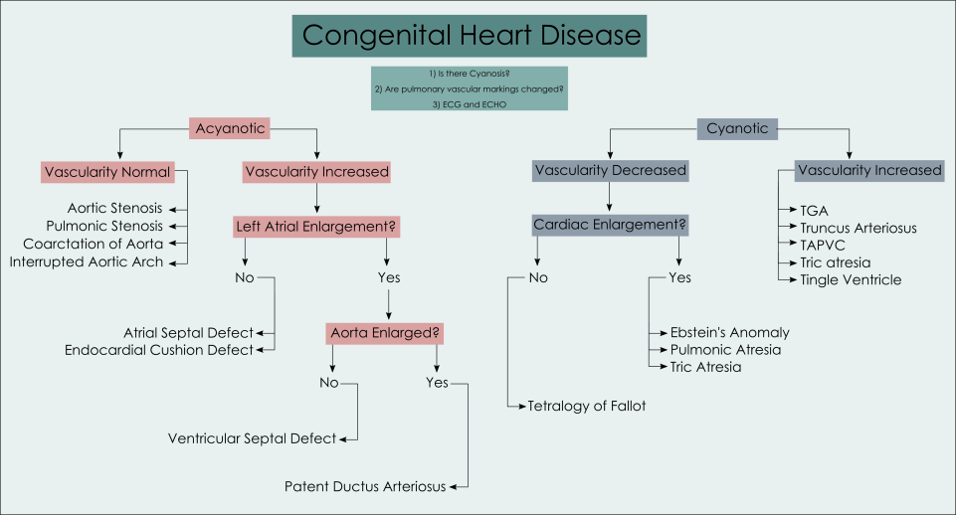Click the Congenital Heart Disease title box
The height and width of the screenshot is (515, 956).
click(x=471, y=36)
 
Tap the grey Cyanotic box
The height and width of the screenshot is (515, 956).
click(x=737, y=128)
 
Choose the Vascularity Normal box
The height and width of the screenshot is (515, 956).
click(x=107, y=172)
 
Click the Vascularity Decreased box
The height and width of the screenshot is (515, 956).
click(x=610, y=170)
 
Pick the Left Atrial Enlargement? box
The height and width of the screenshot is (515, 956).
click(x=315, y=226)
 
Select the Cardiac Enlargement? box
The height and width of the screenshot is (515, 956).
click(x=610, y=225)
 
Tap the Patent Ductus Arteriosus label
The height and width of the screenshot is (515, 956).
click(x=364, y=486)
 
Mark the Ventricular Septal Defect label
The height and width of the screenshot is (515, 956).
click(x=252, y=437)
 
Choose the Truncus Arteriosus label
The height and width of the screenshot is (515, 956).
click(x=858, y=228)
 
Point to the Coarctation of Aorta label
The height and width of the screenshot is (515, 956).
click(x=93, y=244)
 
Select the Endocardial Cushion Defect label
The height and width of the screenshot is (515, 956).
click(x=157, y=349)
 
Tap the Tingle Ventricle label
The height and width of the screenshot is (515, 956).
click(x=851, y=279)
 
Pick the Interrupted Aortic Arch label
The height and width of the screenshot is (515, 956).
click(x=87, y=261)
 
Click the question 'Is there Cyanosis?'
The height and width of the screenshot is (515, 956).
click(x=470, y=75)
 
